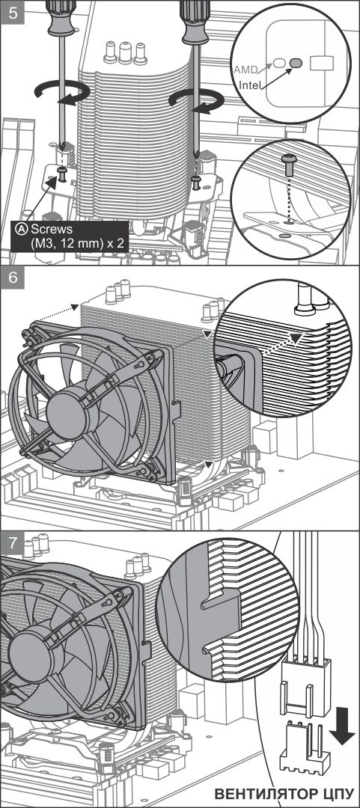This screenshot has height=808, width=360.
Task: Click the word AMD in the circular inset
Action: pos(245,69)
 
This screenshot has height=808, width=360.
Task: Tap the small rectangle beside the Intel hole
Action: pos(321,63)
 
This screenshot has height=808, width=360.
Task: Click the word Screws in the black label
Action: pos(52,228)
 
